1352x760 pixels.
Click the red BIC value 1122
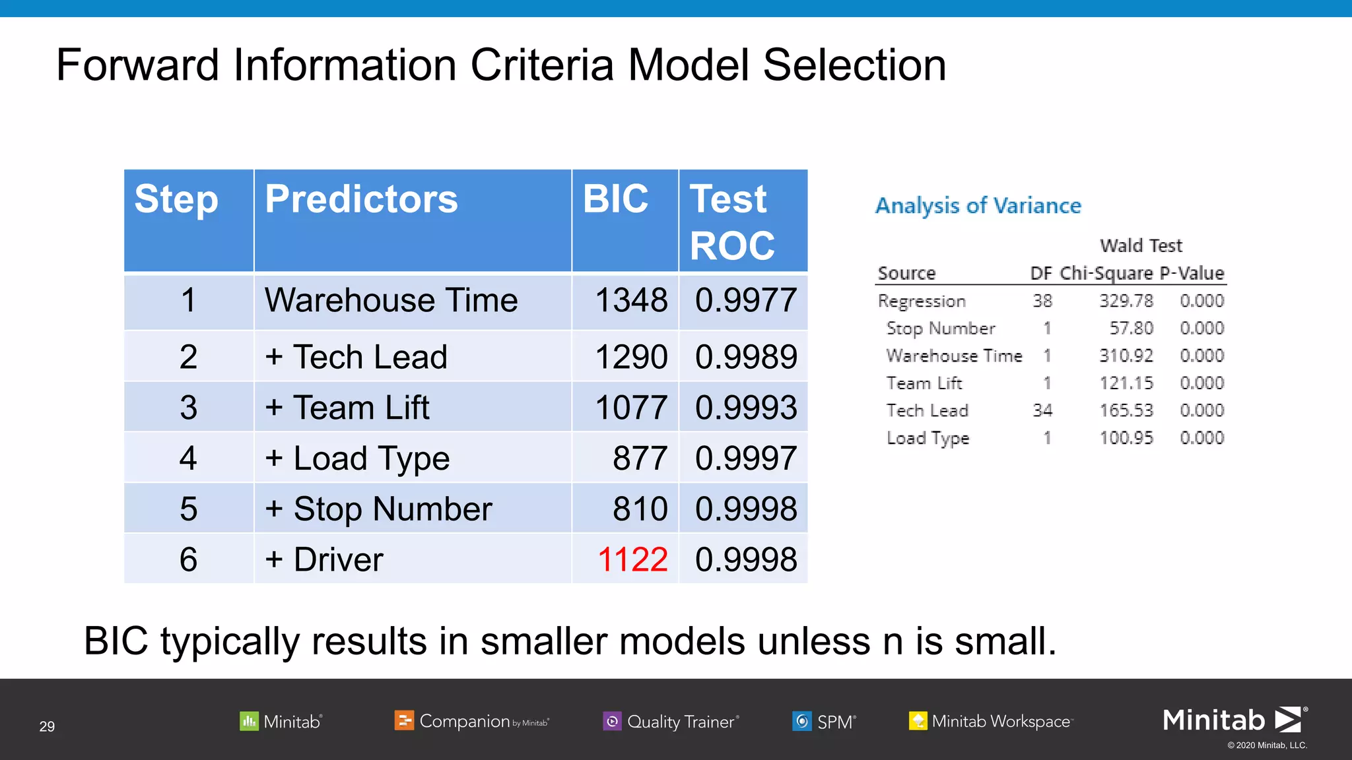(632, 559)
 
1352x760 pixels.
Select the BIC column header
(615, 199)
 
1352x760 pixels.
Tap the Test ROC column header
(732, 222)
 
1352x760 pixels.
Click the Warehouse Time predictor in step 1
(391, 301)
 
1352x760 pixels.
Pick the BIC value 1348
(631, 301)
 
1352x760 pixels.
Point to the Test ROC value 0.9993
(746, 408)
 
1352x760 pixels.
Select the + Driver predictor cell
(324, 559)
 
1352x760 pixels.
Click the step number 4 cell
(188, 459)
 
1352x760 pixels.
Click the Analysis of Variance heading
(978, 206)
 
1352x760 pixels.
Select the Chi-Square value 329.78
(1126, 301)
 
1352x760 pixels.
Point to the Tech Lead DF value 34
(1042, 410)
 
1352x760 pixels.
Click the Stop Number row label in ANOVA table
(940, 329)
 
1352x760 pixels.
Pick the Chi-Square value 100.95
(1126, 438)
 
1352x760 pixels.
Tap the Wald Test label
(1141, 245)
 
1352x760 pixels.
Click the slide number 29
(47, 726)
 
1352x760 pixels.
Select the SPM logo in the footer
(824, 722)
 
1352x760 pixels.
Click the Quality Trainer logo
(671, 722)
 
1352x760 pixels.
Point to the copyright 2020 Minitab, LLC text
(1267, 745)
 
